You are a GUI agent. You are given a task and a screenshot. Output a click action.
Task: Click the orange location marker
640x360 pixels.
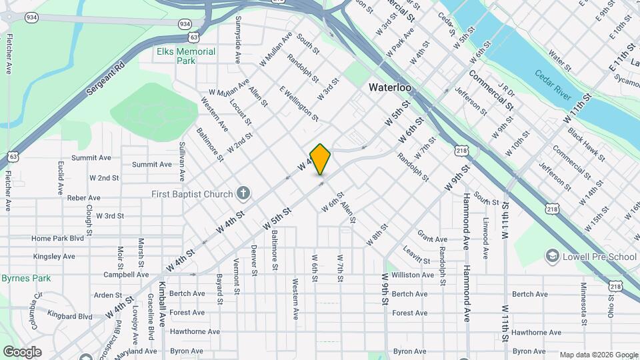(321, 159)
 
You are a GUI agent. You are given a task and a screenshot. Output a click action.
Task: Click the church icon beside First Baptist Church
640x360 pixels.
(243, 194)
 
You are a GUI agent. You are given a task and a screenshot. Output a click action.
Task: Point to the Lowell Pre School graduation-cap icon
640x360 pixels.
(551, 256)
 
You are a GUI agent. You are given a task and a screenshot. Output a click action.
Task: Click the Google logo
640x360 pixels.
(21, 352)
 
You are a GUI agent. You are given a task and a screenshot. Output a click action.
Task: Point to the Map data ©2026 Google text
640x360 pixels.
(598, 355)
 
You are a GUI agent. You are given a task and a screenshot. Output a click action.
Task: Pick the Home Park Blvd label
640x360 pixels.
(57, 238)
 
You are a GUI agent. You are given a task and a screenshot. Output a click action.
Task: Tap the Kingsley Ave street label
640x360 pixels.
(54, 256)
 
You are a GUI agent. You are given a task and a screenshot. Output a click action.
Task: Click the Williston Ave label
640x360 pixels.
(413, 275)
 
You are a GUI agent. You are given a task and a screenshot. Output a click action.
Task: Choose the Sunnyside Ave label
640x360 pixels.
(237, 40)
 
